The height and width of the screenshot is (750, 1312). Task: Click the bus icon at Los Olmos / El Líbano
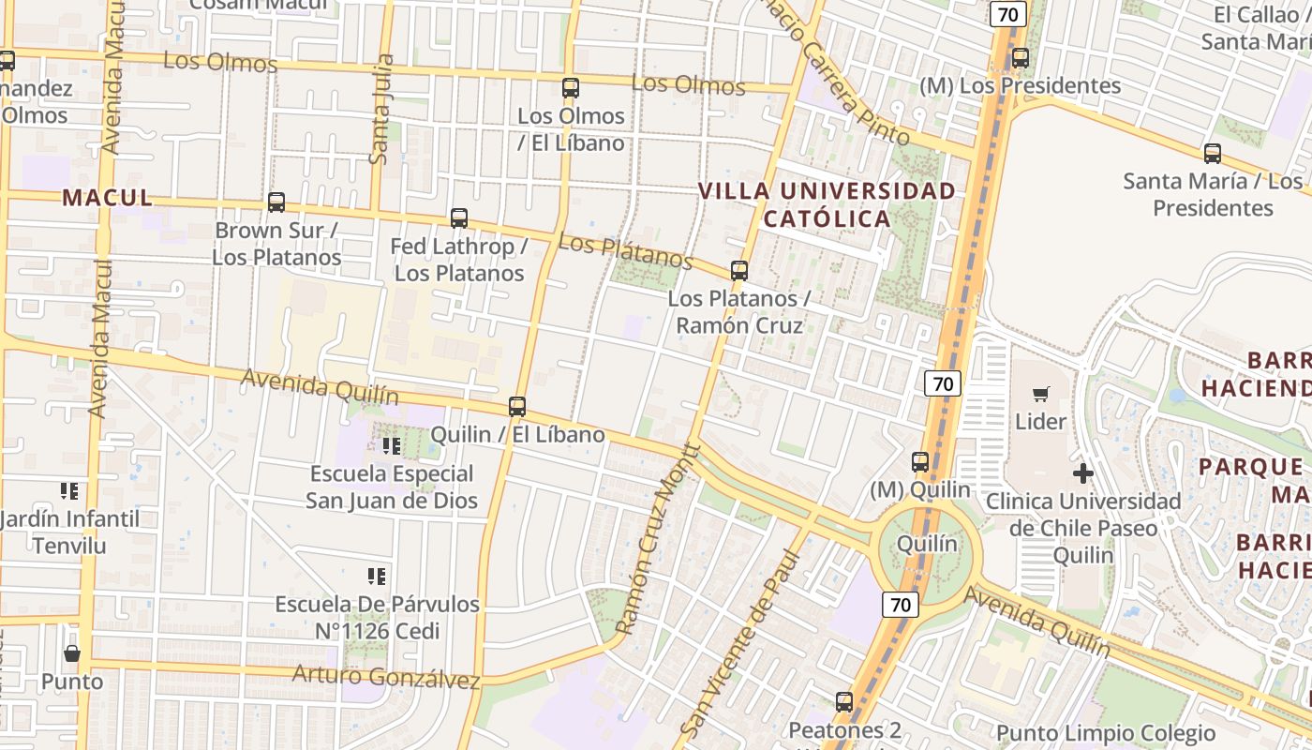coord(570,89)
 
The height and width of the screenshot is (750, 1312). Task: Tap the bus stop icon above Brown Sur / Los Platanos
coord(276,202)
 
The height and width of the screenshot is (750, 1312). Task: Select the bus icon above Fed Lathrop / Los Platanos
coord(458,218)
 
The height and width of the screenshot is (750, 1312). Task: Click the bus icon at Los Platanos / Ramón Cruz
coord(738,272)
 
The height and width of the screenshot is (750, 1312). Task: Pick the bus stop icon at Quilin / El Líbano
coord(516,407)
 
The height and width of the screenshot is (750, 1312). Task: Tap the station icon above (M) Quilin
coord(919,462)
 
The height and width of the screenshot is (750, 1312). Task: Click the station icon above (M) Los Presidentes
coord(1020,58)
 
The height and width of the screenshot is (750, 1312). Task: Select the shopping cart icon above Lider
coord(1040,395)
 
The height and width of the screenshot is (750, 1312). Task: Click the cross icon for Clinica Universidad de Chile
coord(1082,473)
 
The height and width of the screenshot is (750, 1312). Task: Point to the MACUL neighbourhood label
coord(107,198)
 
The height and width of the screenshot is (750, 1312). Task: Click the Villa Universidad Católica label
coord(827,204)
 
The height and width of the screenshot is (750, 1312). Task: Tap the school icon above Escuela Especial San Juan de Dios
coord(391,445)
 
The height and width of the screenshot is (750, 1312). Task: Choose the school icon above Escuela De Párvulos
coord(377,576)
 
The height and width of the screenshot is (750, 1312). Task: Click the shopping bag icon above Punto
coord(71,653)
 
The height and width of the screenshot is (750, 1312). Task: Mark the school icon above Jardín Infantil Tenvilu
coord(68,490)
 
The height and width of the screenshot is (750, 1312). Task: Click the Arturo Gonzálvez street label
coord(385,676)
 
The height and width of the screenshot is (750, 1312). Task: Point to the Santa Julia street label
coord(380,110)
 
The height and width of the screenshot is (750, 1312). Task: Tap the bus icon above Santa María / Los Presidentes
coord(1212,153)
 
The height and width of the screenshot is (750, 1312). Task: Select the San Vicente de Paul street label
coord(740,644)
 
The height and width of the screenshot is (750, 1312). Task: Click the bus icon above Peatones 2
coord(843,701)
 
